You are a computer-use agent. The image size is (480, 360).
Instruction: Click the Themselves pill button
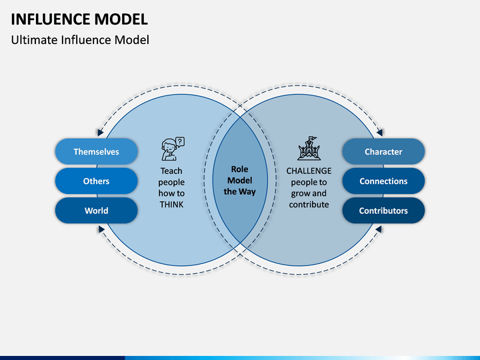[x=97, y=151]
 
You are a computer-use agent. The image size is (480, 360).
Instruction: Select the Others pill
[x=97, y=181]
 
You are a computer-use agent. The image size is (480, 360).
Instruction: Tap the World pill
[x=97, y=210]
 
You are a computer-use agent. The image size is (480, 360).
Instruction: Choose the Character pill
[x=383, y=151]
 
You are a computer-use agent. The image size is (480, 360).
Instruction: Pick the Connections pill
[x=383, y=181]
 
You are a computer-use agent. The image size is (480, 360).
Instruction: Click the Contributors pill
[x=383, y=210]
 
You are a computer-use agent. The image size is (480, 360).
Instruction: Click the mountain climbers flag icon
[x=309, y=149]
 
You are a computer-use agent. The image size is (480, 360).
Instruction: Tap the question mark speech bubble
[x=180, y=142]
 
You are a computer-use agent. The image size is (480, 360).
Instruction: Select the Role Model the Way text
[x=240, y=180]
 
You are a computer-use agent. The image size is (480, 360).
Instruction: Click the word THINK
[x=171, y=205]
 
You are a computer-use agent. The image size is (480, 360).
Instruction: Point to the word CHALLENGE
[x=309, y=171]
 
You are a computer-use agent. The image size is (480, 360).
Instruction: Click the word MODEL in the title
[x=121, y=19]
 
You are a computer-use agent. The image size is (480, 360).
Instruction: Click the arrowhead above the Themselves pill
[x=101, y=133]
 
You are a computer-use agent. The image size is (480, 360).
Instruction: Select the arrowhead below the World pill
[x=101, y=229]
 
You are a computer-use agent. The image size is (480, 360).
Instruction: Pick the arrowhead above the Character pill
[x=379, y=133]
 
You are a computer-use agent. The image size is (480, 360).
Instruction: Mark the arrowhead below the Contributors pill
[x=379, y=229]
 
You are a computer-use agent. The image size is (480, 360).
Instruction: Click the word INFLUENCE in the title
[x=51, y=19]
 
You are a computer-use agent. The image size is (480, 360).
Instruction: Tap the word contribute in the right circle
[x=309, y=205]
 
